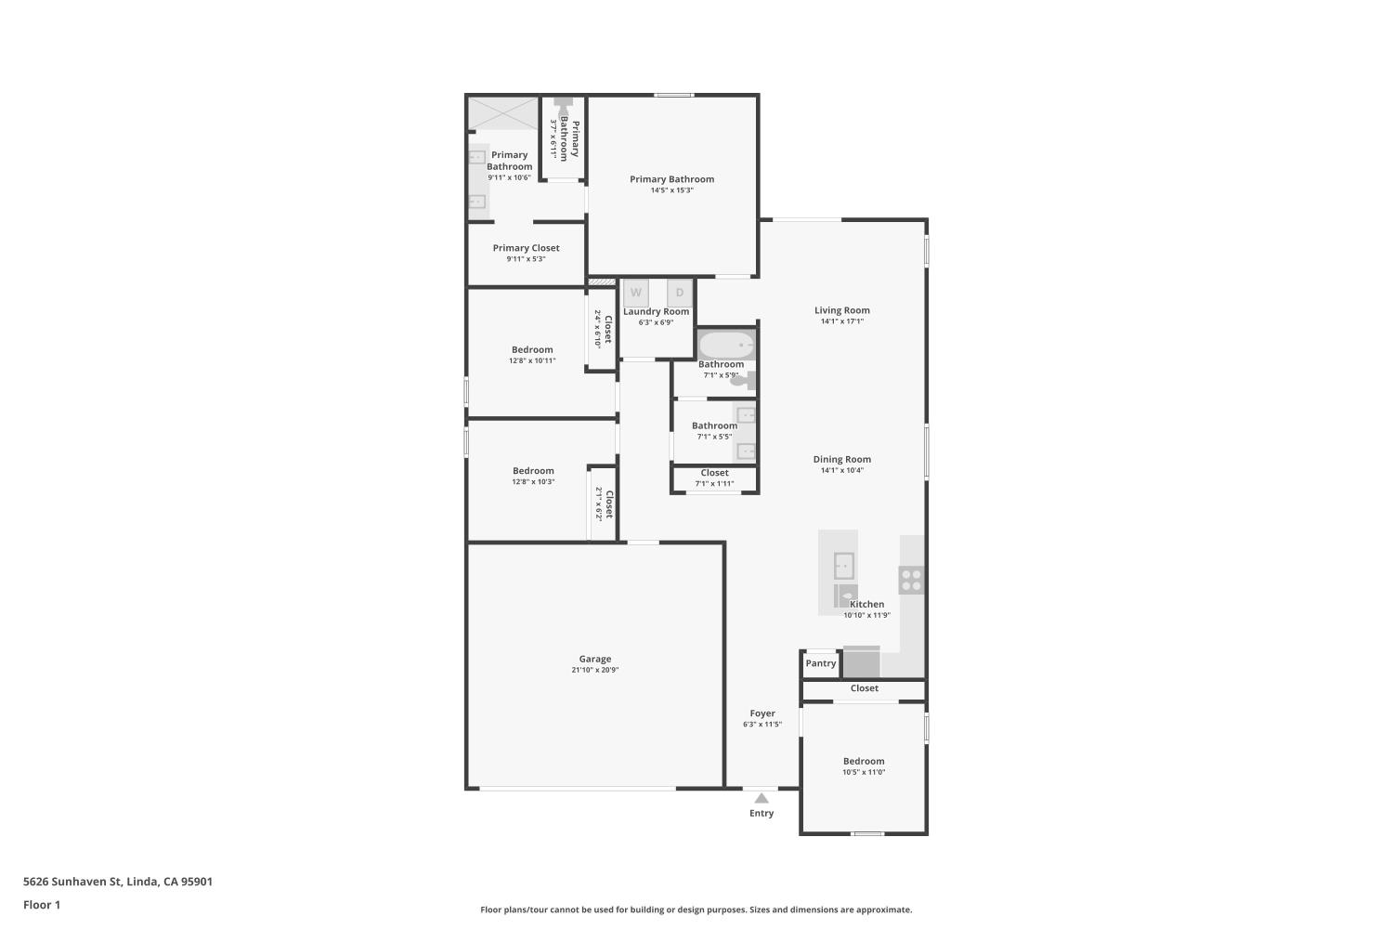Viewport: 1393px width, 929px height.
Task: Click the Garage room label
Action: (595, 659)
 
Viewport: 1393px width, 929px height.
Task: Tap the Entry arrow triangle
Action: (762, 798)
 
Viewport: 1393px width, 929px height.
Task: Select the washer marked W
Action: (636, 293)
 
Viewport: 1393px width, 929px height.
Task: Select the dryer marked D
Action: (680, 293)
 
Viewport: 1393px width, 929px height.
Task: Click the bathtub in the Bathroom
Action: (726, 345)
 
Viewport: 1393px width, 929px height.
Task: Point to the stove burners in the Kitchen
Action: (911, 580)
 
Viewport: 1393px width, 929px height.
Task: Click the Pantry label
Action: (821, 663)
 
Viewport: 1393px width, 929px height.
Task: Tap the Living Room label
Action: (842, 310)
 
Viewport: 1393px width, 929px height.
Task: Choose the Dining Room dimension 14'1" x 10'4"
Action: (842, 470)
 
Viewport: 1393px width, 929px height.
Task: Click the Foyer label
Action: (762, 713)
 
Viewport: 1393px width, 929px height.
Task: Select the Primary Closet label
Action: (526, 248)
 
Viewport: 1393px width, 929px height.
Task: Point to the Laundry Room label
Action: (657, 311)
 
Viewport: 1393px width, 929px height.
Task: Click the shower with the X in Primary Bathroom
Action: (502, 113)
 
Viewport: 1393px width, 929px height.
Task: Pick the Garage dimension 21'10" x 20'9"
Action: (595, 670)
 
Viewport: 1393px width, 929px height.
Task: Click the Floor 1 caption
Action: (42, 905)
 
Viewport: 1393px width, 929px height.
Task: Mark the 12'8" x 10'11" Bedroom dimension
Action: (532, 360)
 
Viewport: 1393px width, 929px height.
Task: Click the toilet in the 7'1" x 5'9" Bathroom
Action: (745, 380)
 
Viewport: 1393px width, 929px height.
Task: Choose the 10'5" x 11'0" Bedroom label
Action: (864, 761)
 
